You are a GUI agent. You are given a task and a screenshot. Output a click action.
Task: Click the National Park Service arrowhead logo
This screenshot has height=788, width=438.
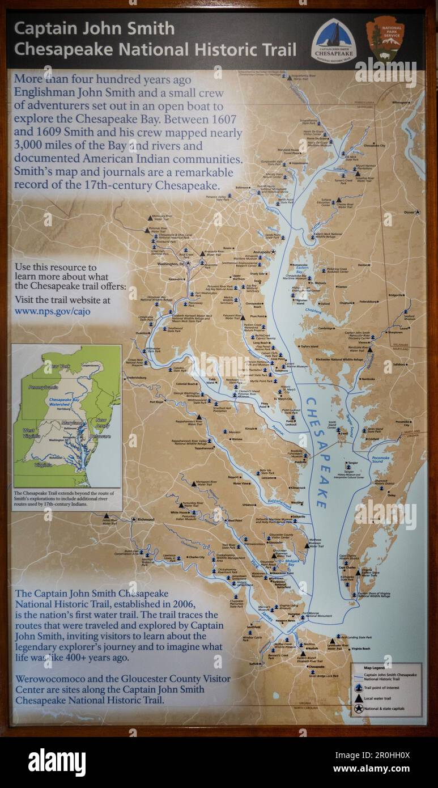(x=385, y=39)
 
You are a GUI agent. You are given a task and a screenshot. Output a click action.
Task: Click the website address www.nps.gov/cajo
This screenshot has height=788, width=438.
(x=52, y=311)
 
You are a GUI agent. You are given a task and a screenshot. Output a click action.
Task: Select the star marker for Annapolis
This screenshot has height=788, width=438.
(x=273, y=251)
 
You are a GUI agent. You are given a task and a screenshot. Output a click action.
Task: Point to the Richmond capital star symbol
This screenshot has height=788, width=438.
(x=134, y=519)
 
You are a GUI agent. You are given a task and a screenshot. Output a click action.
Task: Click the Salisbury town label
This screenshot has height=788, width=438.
(x=400, y=365)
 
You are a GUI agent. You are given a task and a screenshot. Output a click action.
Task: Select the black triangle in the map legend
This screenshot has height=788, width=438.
(x=358, y=698)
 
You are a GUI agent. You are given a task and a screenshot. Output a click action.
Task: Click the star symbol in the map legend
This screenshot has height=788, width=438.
(x=358, y=709)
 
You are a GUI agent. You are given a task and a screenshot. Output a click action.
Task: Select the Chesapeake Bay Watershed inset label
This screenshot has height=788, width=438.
(x=66, y=403)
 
